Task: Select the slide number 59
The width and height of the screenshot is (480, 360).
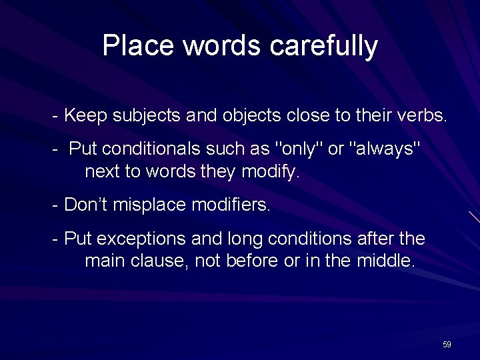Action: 447,345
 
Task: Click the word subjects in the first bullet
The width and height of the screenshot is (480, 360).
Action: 141,116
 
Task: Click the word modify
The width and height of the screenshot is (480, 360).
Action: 273,173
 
